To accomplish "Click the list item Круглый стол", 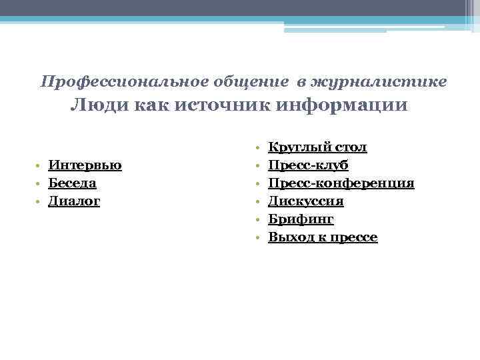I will point(317,147).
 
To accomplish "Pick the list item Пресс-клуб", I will point(308,165).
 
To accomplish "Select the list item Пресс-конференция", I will point(341,183).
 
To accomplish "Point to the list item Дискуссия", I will point(306,201).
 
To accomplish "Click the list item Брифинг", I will point(301,219).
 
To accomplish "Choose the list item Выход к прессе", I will point(323,237).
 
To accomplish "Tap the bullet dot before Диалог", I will point(40,201).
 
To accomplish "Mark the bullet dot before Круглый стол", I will point(257,147).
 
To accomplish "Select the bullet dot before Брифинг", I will point(257,219).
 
